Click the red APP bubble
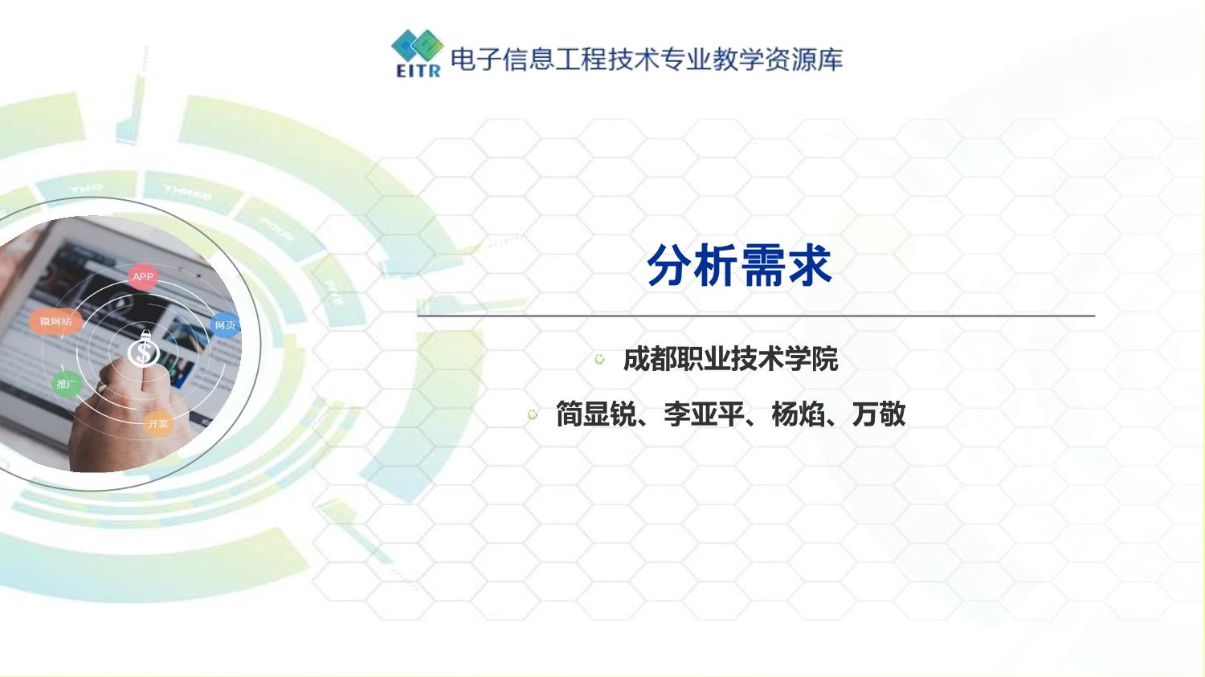[x=143, y=277]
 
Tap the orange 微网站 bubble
[x=55, y=321]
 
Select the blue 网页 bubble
[x=225, y=325]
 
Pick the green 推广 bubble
[x=66, y=385]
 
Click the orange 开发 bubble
[x=158, y=423]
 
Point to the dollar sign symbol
[x=145, y=352]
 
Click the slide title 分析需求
[x=739, y=266]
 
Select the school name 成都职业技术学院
[x=730, y=359]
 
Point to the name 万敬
[x=879, y=414]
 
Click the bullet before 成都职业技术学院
[x=599, y=359]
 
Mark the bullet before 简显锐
[x=532, y=414]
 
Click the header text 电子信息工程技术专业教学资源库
[x=647, y=59]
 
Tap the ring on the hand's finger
[x=102, y=388]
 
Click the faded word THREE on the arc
[x=188, y=192]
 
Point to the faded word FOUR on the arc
[x=276, y=229]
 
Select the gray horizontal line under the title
[x=755, y=316]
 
